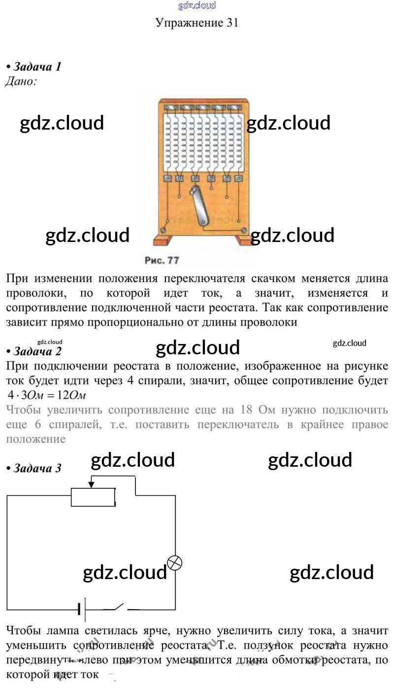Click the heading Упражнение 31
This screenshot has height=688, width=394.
pyautogui.click(x=197, y=22)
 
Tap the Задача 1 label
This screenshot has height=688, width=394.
pyautogui.click(x=37, y=67)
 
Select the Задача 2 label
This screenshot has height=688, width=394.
pyautogui.click(x=37, y=351)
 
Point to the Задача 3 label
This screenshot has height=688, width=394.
pyautogui.click(x=37, y=468)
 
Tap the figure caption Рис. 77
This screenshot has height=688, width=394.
pyautogui.click(x=162, y=260)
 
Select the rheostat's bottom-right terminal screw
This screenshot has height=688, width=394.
pyautogui.click(x=244, y=230)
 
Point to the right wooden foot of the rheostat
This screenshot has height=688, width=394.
pyautogui.click(x=245, y=240)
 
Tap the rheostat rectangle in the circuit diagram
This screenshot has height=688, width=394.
pyautogui.click(x=94, y=497)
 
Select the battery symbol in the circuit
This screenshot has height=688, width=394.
pyautogui.click(x=82, y=610)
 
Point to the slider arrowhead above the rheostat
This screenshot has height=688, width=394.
pyautogui.click(x=91, y=485)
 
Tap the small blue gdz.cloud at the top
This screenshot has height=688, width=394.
pyautogui.click(x=197, y=6)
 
